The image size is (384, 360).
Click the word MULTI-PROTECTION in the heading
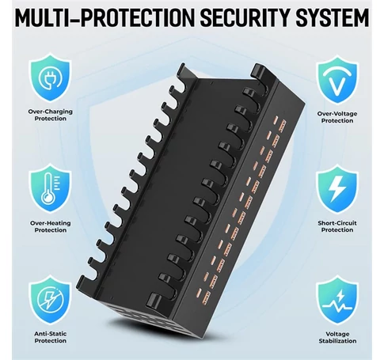[x=105, y=17]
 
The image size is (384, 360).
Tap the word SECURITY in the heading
[x=245, y=17]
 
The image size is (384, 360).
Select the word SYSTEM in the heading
[x=333, y=17]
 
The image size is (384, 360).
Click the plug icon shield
[x=50, y=78]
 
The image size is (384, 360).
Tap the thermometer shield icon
[x=50, y=188]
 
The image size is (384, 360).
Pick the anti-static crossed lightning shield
[x=50, y=299]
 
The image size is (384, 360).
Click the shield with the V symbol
[x=337, y=80]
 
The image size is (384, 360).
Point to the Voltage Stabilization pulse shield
[x=337, y=300]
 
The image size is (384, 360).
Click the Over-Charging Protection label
[x=50, y=115]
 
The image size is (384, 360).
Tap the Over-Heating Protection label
[x=50, y=226]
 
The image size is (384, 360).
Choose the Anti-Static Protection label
[x=50, y=337]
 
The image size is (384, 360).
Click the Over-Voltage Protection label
[x=337, y=117]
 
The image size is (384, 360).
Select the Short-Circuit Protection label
[x=337, y=226]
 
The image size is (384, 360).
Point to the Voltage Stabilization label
[x=337, y=338]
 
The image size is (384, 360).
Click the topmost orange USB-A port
[x=283, y=126]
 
